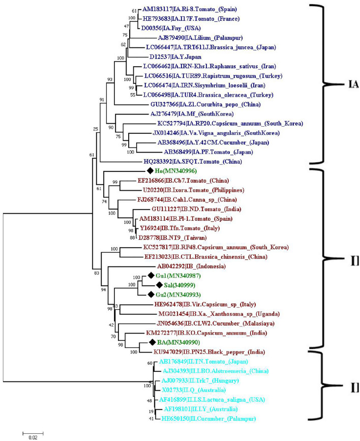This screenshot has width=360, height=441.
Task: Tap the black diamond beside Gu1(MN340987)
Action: (x=151, y=276)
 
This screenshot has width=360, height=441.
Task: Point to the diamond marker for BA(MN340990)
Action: (x=140, y=342)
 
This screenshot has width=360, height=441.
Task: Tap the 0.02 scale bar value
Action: (x=32, y=436)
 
